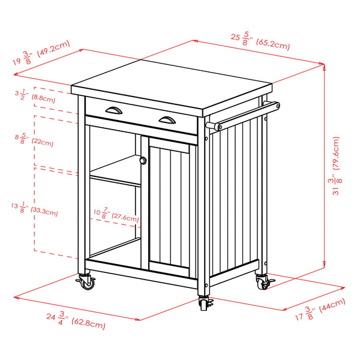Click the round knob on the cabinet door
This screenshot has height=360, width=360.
143,160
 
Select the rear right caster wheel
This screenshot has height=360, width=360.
263,281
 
